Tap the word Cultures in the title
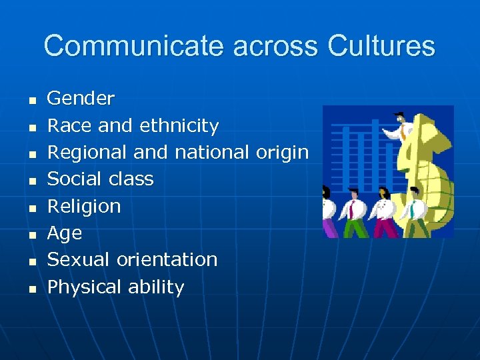click(381, 47)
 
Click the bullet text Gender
click(81, 99)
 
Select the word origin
click(282, 153)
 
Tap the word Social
click(69, 179)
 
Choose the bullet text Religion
click(84, 207)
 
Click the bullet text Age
click(65, 234)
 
